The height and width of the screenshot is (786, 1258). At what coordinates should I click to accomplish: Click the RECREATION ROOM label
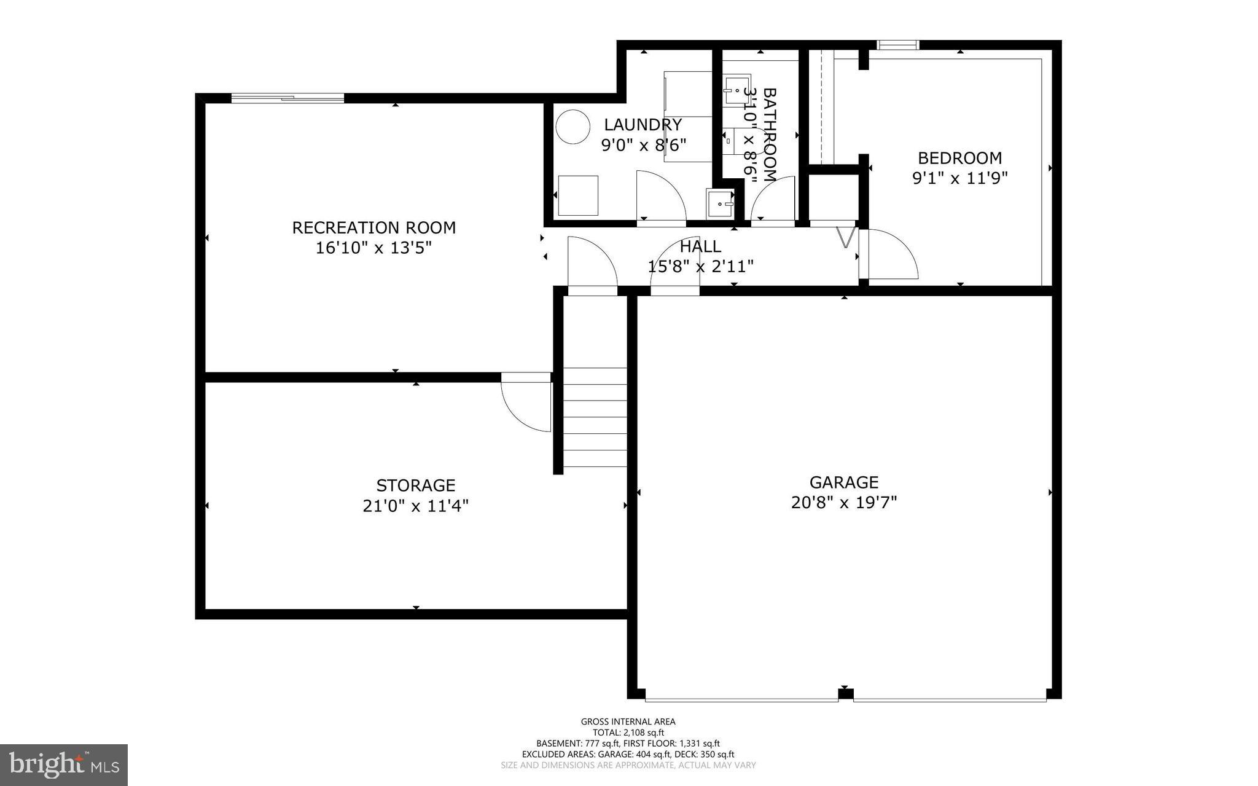tap(373, 227)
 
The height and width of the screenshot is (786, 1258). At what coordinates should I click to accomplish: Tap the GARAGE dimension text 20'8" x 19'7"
tap(843, 503)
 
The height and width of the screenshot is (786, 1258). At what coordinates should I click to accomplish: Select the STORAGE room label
tap(415, 485)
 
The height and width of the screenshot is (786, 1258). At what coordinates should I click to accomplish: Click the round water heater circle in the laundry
tap(572, 127)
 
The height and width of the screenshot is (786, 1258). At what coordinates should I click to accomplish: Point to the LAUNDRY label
tap(643, 125)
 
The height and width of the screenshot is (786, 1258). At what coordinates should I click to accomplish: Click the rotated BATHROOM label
tap(769, 134)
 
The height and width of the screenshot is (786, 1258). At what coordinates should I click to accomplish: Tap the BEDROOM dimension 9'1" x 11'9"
tap(959, 178)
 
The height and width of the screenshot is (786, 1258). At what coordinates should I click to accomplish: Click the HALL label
tap(700, 246)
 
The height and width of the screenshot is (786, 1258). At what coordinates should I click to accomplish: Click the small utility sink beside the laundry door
tap(720, 203)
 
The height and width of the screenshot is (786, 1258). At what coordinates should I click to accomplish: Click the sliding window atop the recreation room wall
tap(287, 98)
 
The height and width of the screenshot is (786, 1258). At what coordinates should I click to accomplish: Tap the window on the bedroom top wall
tap(897, 45)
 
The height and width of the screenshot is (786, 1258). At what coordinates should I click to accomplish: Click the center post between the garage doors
tap(846, 694)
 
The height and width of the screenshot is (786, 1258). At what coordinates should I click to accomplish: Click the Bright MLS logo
tap(63, 764)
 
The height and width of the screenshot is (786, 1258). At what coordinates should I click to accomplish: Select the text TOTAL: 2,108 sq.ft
tap(628, 733)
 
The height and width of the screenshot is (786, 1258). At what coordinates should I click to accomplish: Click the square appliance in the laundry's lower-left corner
tap(577, 195)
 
